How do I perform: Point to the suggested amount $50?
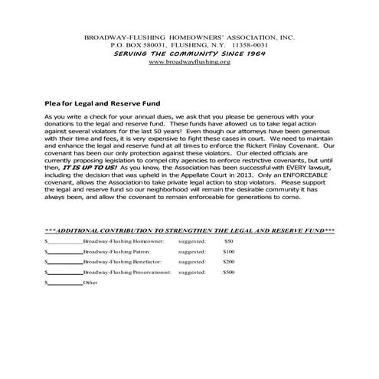228,241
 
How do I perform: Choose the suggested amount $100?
228,251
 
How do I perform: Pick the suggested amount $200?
228,261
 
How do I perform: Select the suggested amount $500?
228,272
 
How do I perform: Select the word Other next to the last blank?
91,283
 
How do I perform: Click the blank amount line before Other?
65,283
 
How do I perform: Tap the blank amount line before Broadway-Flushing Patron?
65,252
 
